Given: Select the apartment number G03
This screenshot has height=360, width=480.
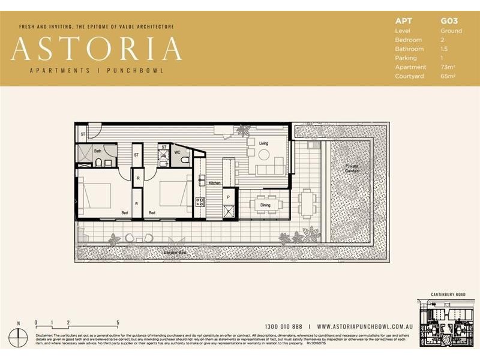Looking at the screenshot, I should tap(450, 21).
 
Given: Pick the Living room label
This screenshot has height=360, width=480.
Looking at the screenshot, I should tap(264, 143).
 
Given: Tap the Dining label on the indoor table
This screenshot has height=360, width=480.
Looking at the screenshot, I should tap(265, 205).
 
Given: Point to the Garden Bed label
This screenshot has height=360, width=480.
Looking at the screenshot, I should tap(175, 254).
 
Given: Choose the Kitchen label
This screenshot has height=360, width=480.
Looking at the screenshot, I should tap(215, 183).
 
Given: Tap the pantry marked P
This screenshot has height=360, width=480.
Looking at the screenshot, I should tap(229, 196).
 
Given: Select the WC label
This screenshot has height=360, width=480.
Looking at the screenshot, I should tap(178, 152).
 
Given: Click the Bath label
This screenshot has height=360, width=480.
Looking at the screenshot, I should tap(97, 151).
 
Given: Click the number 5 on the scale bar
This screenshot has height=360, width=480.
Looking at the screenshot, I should tap(118, 322).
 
